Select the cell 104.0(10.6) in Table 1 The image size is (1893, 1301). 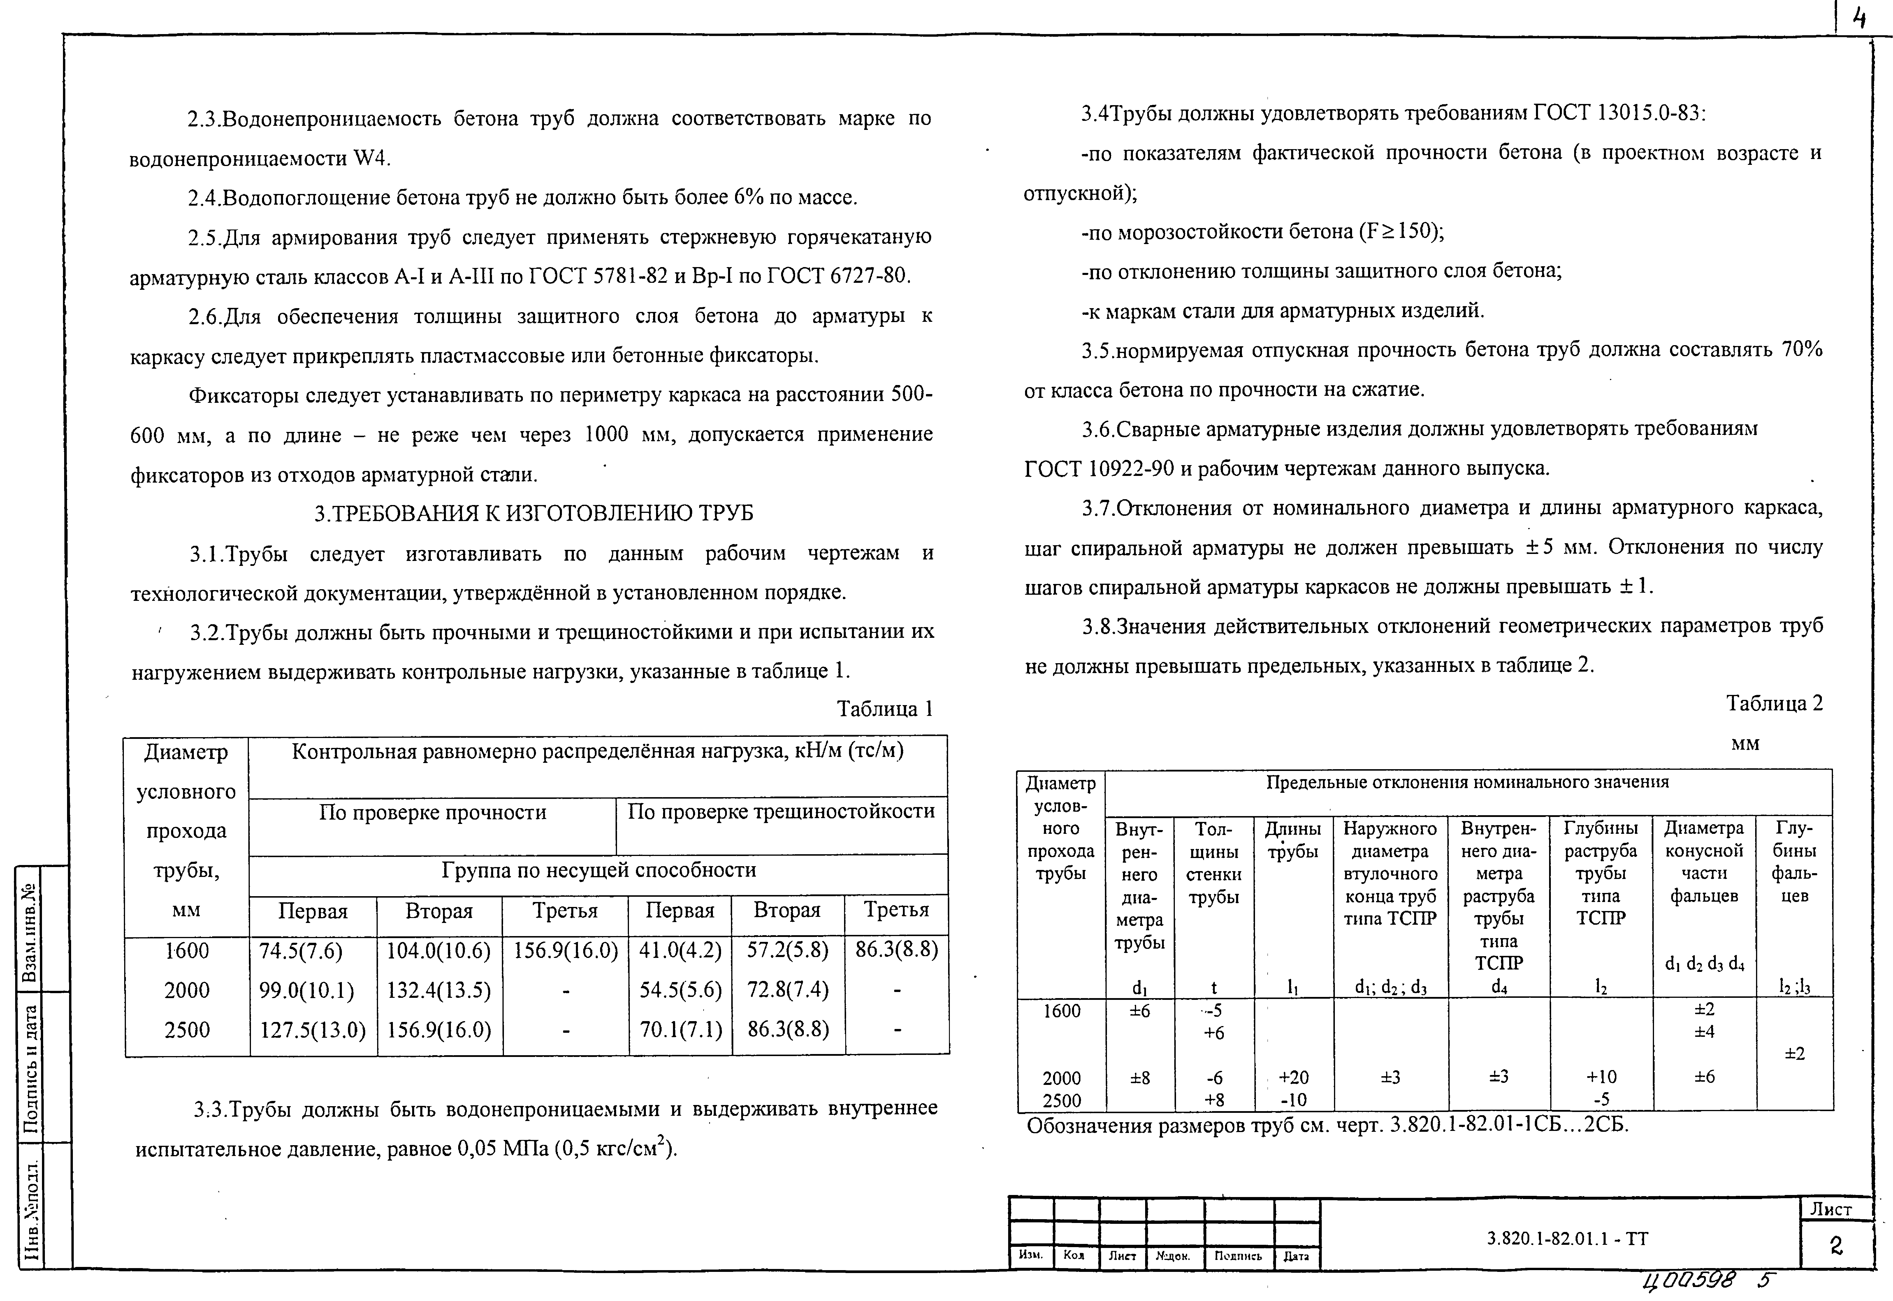coord(439,950)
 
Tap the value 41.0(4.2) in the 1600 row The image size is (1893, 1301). coord(680,950)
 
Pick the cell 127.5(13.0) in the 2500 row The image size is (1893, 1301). coord(312,1030)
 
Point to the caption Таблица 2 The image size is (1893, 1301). coord(1774,703)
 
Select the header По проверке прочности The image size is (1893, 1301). coord(432,813)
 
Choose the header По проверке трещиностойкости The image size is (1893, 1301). coord(781,811)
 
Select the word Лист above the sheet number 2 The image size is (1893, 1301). coord(1831,1209)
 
